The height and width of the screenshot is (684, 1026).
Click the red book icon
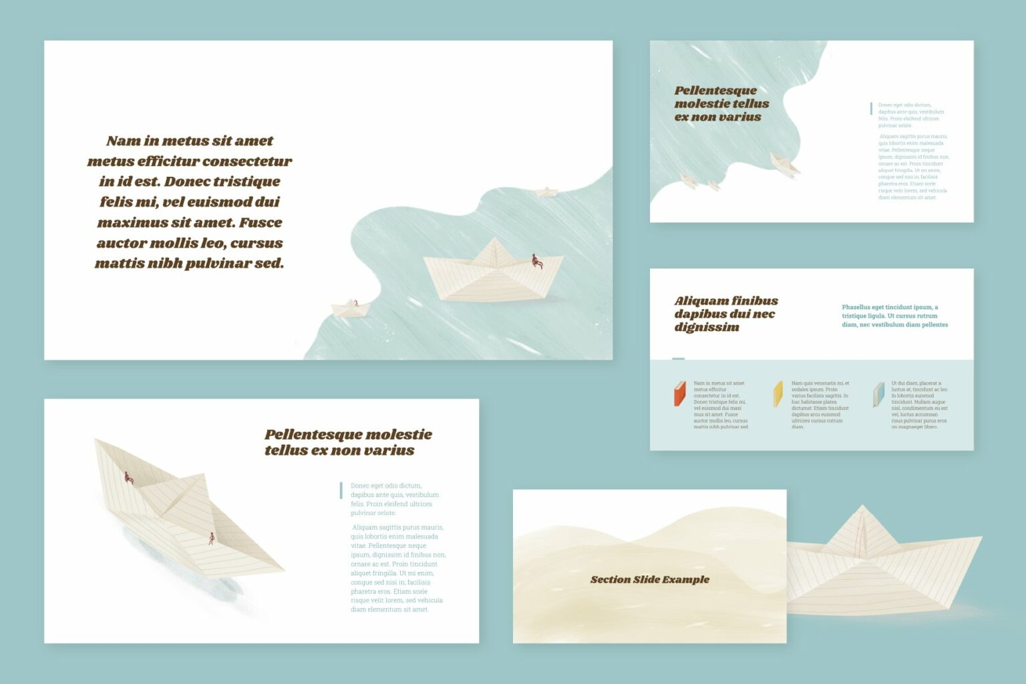pos(680,394)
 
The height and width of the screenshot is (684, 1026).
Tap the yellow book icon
pos(778,394)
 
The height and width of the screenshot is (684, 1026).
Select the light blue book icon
pos(878,394)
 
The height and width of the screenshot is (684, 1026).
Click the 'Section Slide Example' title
pos(649,579)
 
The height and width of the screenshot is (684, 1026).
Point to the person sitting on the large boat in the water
pos(536,261)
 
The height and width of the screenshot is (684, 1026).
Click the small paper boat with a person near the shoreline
pos(350,308)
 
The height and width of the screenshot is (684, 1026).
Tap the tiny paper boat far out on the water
pos(547,192)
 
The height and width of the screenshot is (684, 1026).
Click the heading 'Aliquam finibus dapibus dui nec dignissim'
pos(725,314)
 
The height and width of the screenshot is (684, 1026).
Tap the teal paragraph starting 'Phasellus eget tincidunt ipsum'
pos(894,316)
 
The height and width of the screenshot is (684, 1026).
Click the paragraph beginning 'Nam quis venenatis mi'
pos(820,405)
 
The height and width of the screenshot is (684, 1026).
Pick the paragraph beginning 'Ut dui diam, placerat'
pos(919,405)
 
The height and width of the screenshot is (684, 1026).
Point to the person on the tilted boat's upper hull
pos(128,478)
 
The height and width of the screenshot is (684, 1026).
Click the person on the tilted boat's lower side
pos(212,538)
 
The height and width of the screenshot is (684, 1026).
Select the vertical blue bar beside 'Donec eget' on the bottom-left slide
pos(341,490)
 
